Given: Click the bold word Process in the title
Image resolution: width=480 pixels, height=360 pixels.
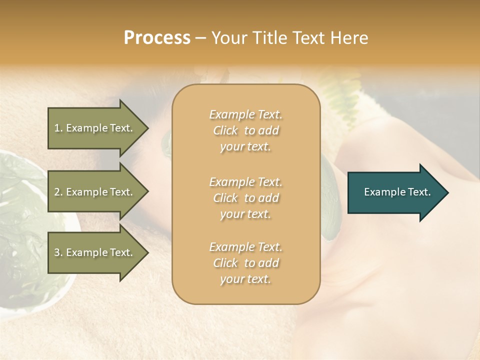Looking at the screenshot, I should click(157, 38).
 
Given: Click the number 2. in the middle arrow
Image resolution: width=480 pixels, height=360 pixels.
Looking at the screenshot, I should click(58, 192).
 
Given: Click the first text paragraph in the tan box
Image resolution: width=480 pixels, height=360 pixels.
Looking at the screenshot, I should click(245, 130).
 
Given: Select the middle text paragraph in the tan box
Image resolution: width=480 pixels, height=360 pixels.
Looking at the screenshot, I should click(245, 198).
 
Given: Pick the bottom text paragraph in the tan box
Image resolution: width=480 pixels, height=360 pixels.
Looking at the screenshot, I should click(245, 263).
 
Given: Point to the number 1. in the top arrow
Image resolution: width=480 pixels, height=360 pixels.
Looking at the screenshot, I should click(58, 128).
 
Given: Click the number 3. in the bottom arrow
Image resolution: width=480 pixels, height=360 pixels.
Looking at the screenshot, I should click(58, 252).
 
